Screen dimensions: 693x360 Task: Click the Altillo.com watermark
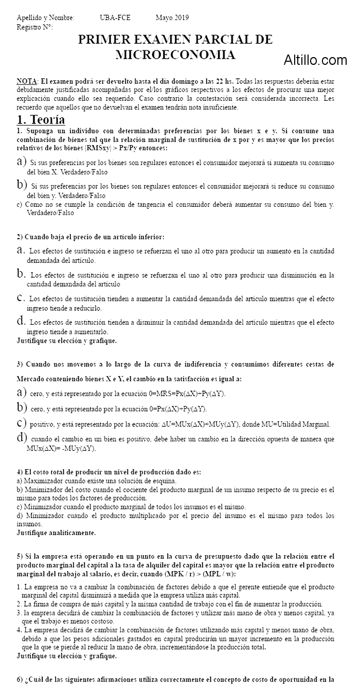click(315, 61)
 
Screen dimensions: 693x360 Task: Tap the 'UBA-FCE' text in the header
click(115, 17)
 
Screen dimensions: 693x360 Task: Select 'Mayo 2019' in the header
click(172, 17)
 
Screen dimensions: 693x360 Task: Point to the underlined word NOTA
click(26, 81)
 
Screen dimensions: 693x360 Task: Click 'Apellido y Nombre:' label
click(45, 17)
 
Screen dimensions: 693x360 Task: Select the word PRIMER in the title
click(101, 40)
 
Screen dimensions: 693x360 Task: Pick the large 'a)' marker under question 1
click(22, 162)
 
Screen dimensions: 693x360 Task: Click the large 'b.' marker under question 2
click(22, 273)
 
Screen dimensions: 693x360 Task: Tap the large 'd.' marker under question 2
click(22, 321)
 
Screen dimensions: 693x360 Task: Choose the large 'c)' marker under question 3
click(22, 423)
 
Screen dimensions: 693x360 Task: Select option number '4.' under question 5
click(20, 629)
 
